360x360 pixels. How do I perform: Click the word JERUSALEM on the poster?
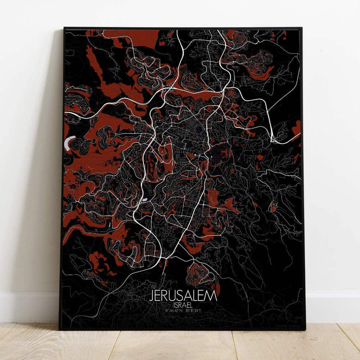(x=183, y=295)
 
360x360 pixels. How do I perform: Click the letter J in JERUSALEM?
(x=152, y=295)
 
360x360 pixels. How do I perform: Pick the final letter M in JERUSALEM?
(x=212, y=295)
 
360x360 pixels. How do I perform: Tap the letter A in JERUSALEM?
(x=187, y=295)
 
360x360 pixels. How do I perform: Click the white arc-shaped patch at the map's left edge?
(x=68, y=142)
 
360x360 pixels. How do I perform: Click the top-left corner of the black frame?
(x=64, y=28)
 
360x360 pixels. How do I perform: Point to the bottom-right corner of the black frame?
(x=305, y=329)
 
